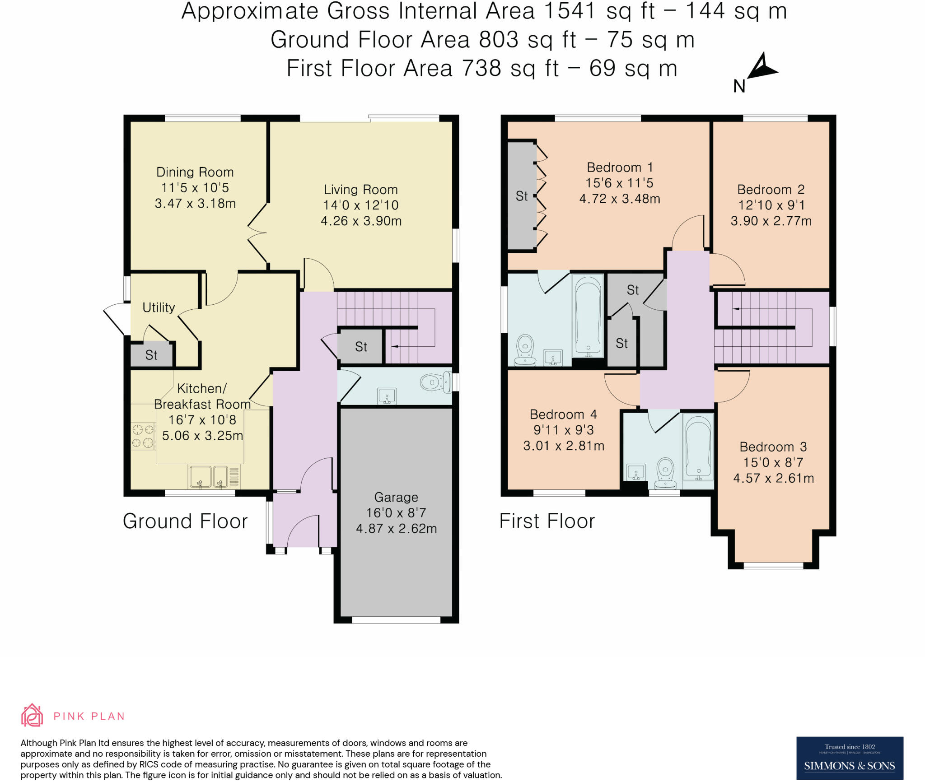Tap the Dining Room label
195,172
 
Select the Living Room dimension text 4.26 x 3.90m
361,221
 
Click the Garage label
396,497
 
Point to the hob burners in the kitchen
143,436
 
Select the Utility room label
159,307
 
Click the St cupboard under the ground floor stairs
361,347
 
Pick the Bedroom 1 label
620,168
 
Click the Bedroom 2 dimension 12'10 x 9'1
771,205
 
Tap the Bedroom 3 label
773,447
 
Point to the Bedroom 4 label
563,414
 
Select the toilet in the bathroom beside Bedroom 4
665,473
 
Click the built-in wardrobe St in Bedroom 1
522,196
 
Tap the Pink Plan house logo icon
32,715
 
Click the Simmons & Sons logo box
850,759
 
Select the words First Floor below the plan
547,521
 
